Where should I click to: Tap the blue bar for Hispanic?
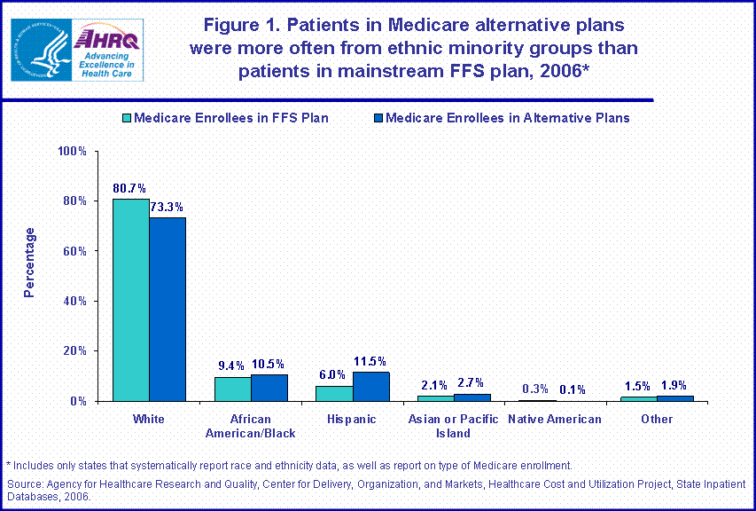370,386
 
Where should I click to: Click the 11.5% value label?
370,361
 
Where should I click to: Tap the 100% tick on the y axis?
73,152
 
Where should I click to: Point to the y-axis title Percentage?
29,263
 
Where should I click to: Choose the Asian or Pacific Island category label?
454,426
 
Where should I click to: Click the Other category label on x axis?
657,419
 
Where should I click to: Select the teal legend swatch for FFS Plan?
126,117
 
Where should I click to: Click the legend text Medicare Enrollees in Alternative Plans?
508,117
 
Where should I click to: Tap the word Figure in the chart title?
234,24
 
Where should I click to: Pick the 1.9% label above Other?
675,386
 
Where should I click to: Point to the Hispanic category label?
352,419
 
